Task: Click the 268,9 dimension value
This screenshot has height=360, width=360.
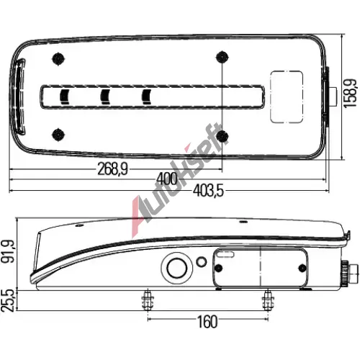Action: click(112, 168)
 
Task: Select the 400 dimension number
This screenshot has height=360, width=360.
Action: click(167, 179)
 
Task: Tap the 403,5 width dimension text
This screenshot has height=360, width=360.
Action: click(208, 191)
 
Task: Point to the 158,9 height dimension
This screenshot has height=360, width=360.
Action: click(350, 94)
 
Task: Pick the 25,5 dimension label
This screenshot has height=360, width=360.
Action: click(8, 300)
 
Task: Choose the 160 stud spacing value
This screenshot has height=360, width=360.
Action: click(207, 322)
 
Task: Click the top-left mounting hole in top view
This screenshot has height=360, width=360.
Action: click(58, 58)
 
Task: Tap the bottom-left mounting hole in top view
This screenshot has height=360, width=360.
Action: click(58, 135)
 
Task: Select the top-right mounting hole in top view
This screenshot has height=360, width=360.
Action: click(222, 57)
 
